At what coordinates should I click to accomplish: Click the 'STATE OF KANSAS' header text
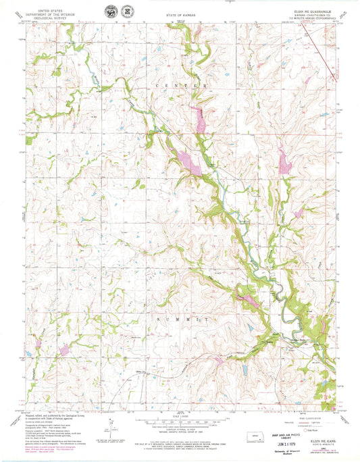(180, 12)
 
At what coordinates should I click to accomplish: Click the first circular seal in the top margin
(109, 13)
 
